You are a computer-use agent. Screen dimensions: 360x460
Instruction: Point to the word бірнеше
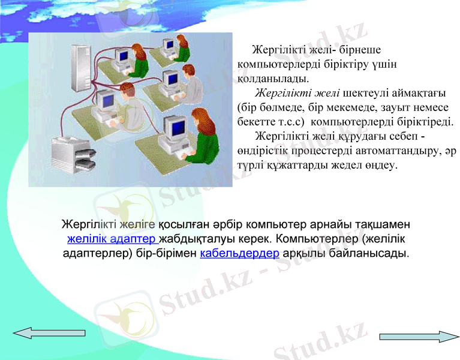[359, 49]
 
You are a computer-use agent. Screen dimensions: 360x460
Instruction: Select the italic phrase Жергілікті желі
[298, 94]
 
